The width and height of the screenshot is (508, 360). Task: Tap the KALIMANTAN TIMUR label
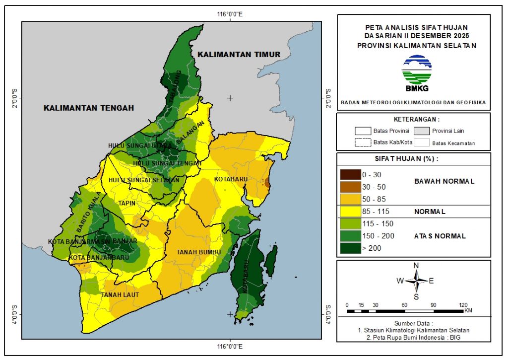(238, 54)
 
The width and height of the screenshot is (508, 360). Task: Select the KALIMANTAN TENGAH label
(89, 108)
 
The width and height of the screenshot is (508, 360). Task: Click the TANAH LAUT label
(120, 295)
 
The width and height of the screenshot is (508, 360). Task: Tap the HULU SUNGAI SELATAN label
(144, 180)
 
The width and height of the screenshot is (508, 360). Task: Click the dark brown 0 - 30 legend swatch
(350, 175)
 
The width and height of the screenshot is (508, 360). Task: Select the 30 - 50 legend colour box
(350, 187)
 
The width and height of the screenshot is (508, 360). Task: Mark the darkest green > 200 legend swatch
(350, 248)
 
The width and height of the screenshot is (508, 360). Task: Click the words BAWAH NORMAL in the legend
(444, 181)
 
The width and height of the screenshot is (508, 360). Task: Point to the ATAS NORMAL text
(440, 236)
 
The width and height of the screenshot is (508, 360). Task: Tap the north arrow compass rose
(416, 281)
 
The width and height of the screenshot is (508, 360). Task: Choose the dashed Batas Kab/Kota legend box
(363, 143)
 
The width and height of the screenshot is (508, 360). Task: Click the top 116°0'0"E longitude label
(230, 14)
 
